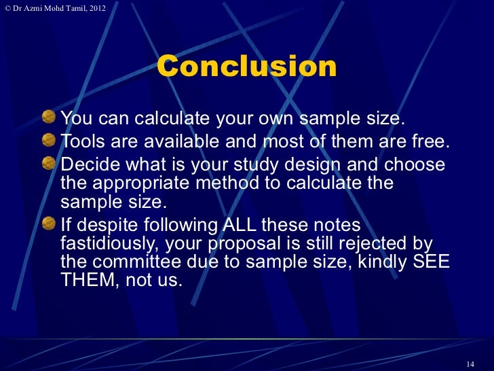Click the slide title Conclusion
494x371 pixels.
point(247,67)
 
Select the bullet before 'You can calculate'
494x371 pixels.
point(50,118)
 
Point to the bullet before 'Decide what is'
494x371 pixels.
point(50,164)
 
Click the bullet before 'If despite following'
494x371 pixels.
point(50,224)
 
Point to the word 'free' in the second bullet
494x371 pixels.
point(429,142)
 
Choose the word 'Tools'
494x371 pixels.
point(82,142)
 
